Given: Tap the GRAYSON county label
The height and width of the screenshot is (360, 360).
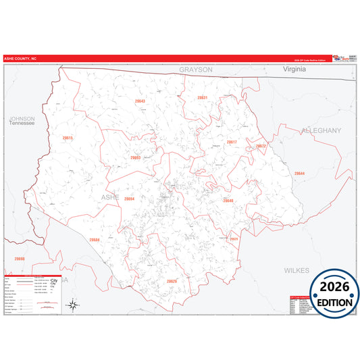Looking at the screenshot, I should pos(196,70).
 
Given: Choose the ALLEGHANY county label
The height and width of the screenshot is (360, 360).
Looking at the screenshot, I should pos(322,130).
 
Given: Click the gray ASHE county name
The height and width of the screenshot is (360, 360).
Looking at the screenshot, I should pos(110,197).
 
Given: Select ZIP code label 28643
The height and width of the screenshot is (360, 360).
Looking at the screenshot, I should pos(139,101).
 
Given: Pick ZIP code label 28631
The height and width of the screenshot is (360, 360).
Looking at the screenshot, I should pos(202,98).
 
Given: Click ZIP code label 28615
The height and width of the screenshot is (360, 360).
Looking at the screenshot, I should pos(68,138).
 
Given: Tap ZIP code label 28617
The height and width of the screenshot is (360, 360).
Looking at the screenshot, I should pos(232,142).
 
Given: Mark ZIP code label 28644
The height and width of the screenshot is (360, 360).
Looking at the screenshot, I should pos(299,174).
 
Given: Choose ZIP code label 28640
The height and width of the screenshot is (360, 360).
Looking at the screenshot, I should pos(228,201).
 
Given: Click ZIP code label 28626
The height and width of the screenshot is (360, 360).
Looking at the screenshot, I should pos(172,280).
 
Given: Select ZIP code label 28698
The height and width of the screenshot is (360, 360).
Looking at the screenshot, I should pos(19,259).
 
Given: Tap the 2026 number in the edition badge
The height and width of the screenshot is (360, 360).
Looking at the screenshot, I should pos(334,286).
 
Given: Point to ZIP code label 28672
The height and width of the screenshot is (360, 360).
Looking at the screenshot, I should pos(261,146).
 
